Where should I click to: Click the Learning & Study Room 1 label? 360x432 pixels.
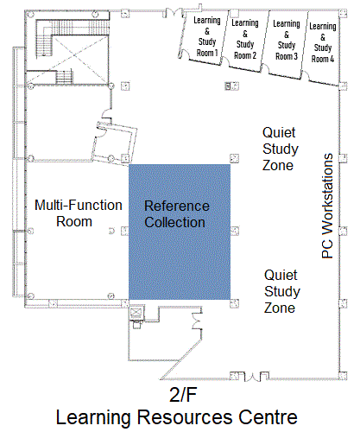coord(207,36)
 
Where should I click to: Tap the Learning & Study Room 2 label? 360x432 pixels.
coord(245,39)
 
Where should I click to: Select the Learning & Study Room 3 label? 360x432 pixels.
coord(287,40)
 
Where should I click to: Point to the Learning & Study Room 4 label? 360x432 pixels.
coord(323,42)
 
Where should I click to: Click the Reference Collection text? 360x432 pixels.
coord(177,214)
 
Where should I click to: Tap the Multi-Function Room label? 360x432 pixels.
coord(79,213)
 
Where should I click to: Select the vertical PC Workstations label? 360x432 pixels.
coord(327,206)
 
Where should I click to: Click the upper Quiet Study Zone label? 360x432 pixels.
coord(281,149)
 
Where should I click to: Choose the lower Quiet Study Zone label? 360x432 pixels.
coord(282,291)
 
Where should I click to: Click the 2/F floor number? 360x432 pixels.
coord(183,395)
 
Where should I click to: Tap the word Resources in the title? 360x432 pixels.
coord(185,417)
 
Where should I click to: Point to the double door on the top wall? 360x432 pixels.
coord(174,12)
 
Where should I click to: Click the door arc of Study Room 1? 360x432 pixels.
coord(183,54)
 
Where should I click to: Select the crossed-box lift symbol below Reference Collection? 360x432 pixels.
coord(136,312)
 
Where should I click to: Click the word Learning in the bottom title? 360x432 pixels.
coord(93,417)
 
